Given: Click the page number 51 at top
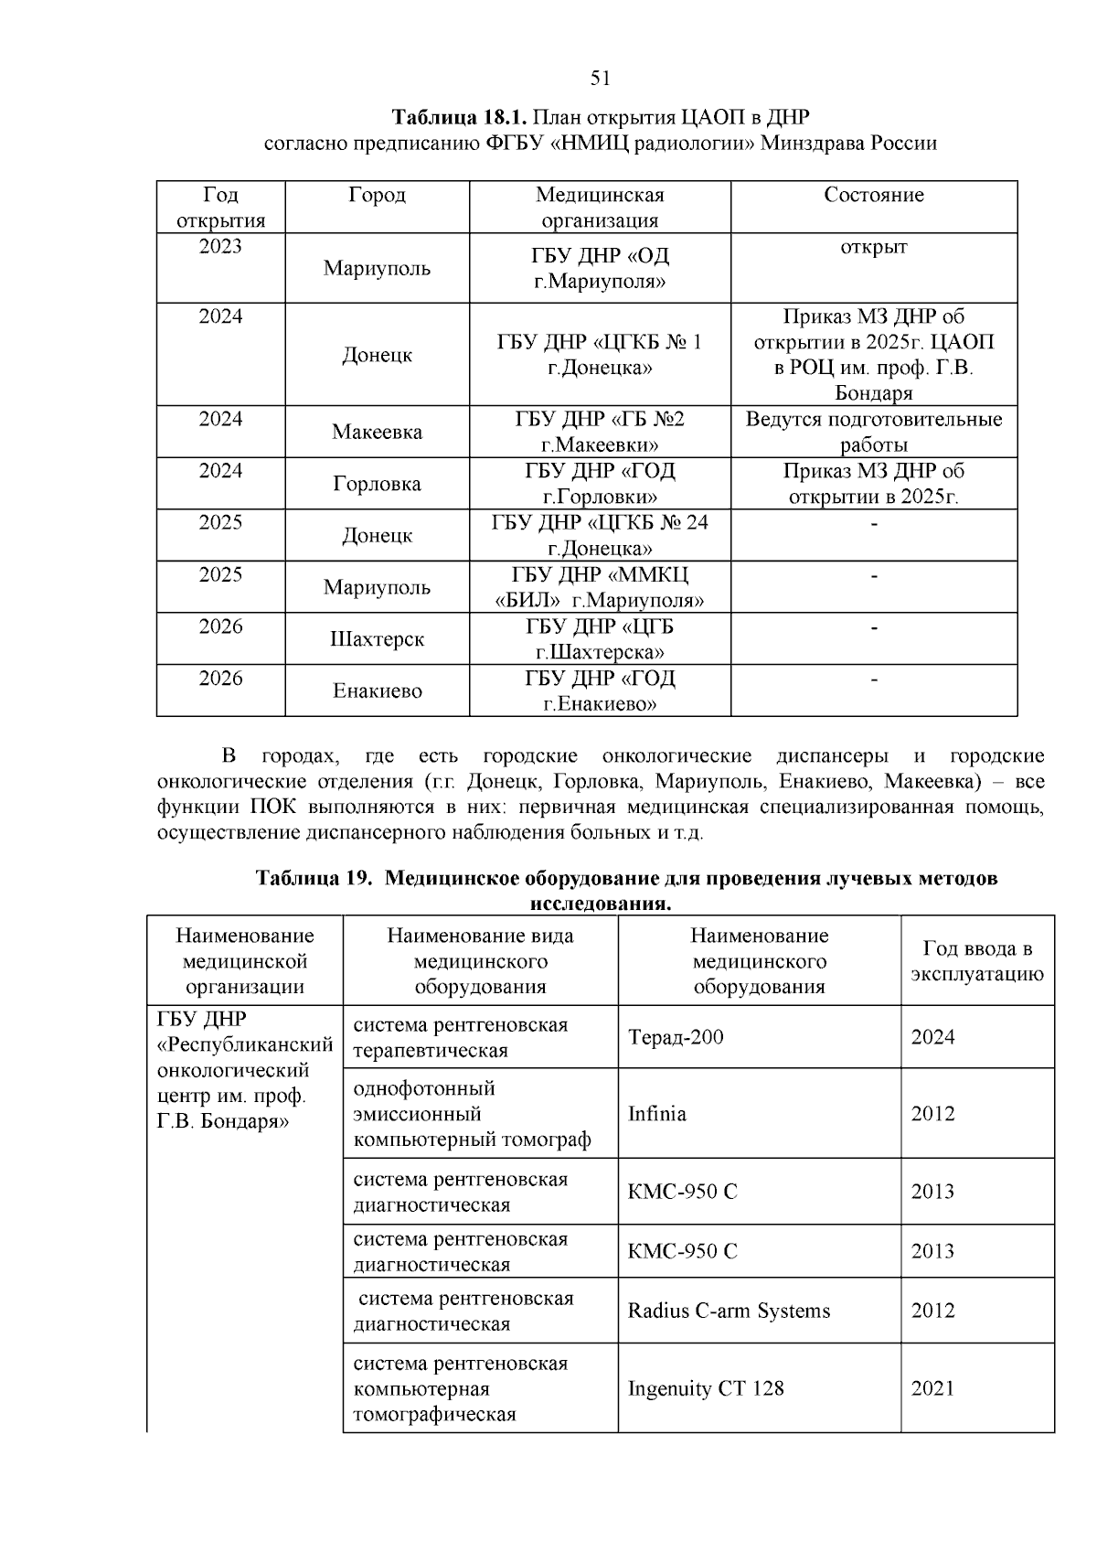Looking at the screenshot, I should coord(601,79).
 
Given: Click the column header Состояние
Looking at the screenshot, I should coord(873,195).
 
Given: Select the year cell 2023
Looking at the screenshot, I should coord(220,246).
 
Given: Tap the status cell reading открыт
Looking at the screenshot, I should coord(873,247).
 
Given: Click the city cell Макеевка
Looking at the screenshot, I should coord(377,432).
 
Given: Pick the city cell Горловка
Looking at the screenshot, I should coord(377,484).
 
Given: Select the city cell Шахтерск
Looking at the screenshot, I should coord(377,639).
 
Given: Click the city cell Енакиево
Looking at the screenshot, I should coord(377,690).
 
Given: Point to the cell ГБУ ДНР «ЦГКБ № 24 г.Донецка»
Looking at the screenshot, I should coord(600,535).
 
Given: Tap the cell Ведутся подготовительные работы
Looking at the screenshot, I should coord(873,432).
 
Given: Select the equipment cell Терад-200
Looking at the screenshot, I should coord(676,1037).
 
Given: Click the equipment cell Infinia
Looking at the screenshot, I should coord(656,1114).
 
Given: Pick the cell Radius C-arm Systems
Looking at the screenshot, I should coord(729,1311).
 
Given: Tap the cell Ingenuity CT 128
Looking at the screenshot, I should coord(705,1388).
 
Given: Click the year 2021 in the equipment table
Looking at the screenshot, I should coord(932,1388).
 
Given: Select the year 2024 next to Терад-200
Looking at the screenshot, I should coord(932,1037).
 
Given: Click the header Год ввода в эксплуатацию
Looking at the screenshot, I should coord(976,961).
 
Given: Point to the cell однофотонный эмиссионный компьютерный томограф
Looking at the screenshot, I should coord(472,1114).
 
